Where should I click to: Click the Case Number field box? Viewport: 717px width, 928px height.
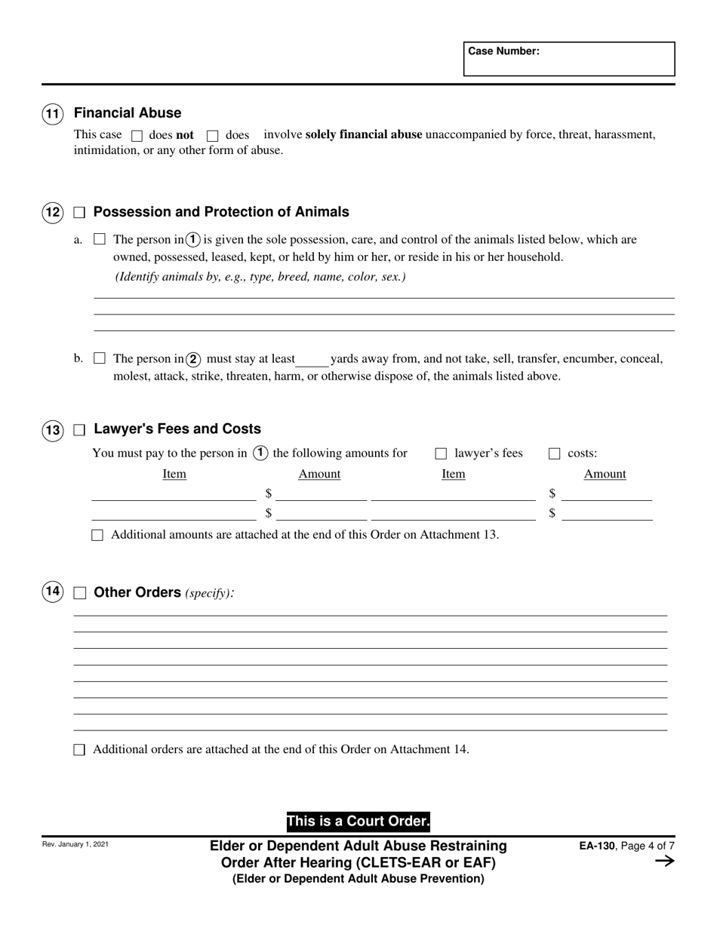click(569, 59)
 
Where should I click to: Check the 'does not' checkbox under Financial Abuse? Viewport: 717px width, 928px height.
click(137, 137)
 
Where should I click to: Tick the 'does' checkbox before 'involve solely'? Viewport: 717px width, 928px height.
click(212, 137)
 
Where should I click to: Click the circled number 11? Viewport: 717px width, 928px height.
click(52, 114)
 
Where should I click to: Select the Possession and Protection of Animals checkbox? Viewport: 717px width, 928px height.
click(79, 214)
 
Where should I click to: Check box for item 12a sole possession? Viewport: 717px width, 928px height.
click(99, 240)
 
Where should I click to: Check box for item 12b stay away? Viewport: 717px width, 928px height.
click(99, 359)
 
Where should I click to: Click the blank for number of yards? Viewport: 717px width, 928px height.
click(312, 360)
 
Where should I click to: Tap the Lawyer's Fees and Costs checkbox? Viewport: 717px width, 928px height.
click(79, 430)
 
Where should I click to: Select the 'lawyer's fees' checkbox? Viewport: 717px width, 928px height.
click(441, 454)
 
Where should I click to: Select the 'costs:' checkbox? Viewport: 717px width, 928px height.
click(554, 454)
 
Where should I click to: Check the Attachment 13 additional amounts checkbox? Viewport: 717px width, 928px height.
click(97, 536)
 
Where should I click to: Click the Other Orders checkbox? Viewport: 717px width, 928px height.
click(79, 593)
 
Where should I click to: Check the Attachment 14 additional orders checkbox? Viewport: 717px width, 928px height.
click(79, 750)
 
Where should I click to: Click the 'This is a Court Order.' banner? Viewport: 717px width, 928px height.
click(358, 822)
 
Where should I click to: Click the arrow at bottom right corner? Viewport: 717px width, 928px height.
click(664, 862)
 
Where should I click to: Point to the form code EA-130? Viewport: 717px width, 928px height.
click(595, 847)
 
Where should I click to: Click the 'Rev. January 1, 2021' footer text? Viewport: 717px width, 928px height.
click(75, 844)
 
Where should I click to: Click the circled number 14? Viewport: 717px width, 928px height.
click(52, 592)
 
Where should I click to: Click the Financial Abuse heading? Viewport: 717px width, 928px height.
click(128, 113)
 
